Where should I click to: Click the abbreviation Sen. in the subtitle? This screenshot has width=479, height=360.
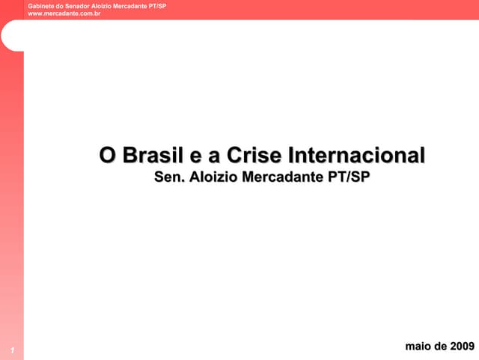pos(169,178)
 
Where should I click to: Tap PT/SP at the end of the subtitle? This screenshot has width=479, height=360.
pos(350,178)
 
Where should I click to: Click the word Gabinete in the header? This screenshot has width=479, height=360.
pos(40,6)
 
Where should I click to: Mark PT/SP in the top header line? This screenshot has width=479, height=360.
pos(156,6)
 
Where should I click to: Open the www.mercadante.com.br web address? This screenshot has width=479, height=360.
pos(64,13)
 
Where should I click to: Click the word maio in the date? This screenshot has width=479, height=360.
pos(417,346)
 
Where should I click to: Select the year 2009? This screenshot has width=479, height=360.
pos(462,346)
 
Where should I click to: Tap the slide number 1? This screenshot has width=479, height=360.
pos(12,350)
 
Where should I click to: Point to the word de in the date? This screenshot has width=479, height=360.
pos(440,346)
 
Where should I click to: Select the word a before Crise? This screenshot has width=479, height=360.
pos(214,156)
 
